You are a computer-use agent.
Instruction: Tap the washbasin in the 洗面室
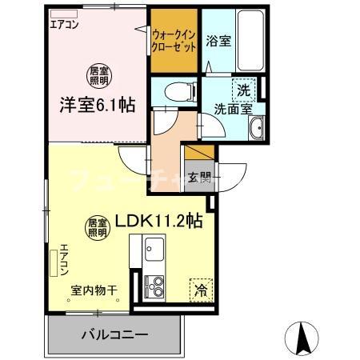pos(258,129)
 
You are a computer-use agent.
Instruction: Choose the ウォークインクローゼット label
pos(174,41)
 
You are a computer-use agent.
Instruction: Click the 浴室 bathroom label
pos(218,40)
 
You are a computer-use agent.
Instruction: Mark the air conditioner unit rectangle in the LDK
pos(54,262)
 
